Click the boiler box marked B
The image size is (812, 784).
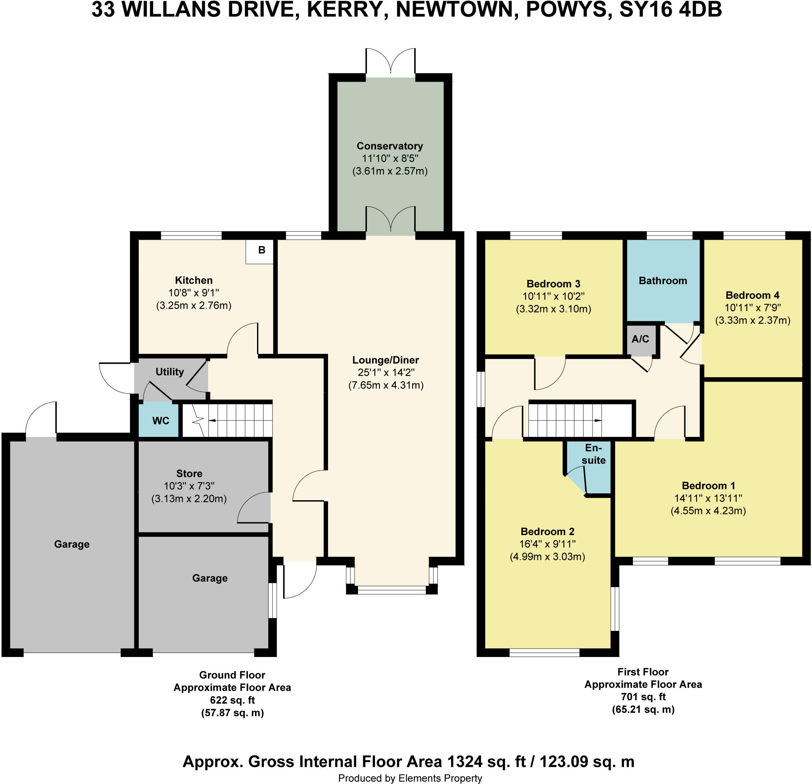click(x=260, y=251)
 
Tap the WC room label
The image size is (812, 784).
click(x=161, y=421)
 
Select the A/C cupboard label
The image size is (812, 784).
click(x=640, y=339)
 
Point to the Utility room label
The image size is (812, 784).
click(x=170, y=372)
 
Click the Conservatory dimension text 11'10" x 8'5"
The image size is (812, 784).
click(x=390, y=158)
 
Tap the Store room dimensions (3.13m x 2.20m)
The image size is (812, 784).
click(x=189, y=499)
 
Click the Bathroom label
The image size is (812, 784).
click(x=663, y=281)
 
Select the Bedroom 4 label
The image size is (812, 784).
click(x=752, y=295)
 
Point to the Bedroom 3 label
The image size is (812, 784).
click(x=553, y=284)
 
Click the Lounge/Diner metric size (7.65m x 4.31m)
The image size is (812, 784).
click(x=386, y=385)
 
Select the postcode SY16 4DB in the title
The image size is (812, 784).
click(x=670, y=10)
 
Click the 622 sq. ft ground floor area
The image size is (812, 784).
click(x=232, y=700)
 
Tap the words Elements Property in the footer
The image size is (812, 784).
click(x=440, y=778)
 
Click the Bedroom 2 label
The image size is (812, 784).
click(x=547, y=531)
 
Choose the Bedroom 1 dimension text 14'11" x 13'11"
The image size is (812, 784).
click(x=708, y=498)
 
